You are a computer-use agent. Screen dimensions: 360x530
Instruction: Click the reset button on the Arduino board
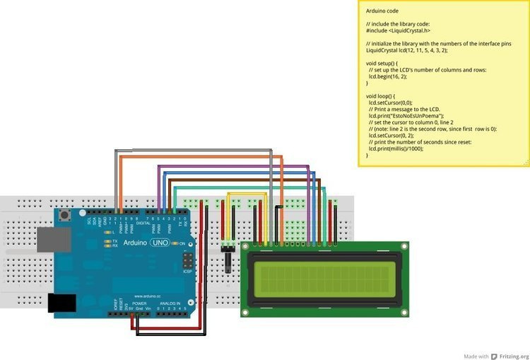pyautogui.click(x=66, y=215)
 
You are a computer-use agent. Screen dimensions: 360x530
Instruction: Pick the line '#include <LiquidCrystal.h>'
pyautogui.click(x=398, y=31)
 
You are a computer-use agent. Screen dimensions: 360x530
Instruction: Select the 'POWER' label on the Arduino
pyautogui.click(x=139, y=303)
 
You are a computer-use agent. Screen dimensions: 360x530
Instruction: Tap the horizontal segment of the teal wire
pyautogui.click(x=247, y=187)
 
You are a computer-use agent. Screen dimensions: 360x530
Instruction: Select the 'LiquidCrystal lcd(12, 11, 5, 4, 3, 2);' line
pyautogui.click(x=407, y=50)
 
